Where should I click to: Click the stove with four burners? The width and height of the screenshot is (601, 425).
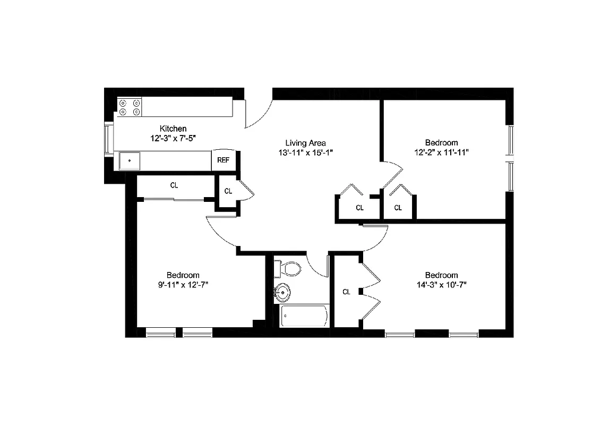click(x=130, y=107)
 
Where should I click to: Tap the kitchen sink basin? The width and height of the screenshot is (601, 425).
click(x=130, y=160)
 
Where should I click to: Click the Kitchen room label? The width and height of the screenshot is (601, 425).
click(x=173, y=129)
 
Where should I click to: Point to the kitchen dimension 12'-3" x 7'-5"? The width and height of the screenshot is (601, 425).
click(x=173, y=138)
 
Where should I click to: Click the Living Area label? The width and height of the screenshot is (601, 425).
click(x=305, y=142)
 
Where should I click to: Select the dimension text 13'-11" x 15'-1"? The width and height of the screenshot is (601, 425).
click(x=305, y=152)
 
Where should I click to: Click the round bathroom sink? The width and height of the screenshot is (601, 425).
click(x=283, y=292)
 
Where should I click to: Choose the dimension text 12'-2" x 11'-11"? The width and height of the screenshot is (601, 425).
click(x=441, y=152)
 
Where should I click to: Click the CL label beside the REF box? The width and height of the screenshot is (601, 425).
click(x=228, y=191)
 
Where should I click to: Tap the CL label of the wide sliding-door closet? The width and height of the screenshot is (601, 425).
click(x=174, y=185)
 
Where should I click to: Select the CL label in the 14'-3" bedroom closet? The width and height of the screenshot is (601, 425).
click(x=346, y=292)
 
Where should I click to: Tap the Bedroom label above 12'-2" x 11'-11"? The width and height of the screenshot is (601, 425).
click(x=441, y=142)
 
